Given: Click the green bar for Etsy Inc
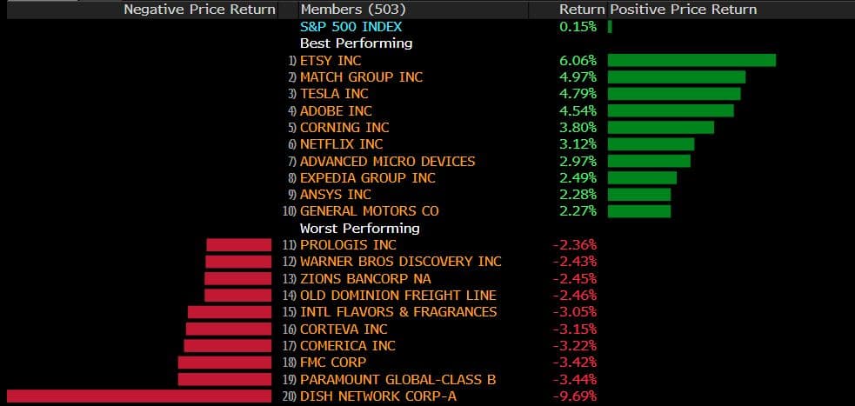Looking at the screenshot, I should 691,60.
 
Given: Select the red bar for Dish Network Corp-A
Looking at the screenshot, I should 139,396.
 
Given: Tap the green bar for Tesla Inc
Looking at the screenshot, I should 674,94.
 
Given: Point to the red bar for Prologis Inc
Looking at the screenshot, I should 239,245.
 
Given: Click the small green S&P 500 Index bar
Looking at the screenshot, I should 610,27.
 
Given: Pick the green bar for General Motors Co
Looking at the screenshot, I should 639,211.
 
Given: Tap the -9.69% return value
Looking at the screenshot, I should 575,396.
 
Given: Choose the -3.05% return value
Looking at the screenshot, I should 575,312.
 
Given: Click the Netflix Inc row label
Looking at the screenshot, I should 341,144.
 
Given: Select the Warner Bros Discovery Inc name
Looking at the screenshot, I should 400,262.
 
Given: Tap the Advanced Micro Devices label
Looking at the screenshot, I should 387,161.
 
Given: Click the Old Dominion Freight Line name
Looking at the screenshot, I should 397,296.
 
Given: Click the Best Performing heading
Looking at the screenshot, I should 356,43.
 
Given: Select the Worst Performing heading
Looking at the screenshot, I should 359,228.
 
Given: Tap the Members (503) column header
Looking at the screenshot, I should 341,10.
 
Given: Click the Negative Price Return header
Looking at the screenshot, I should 199,10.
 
